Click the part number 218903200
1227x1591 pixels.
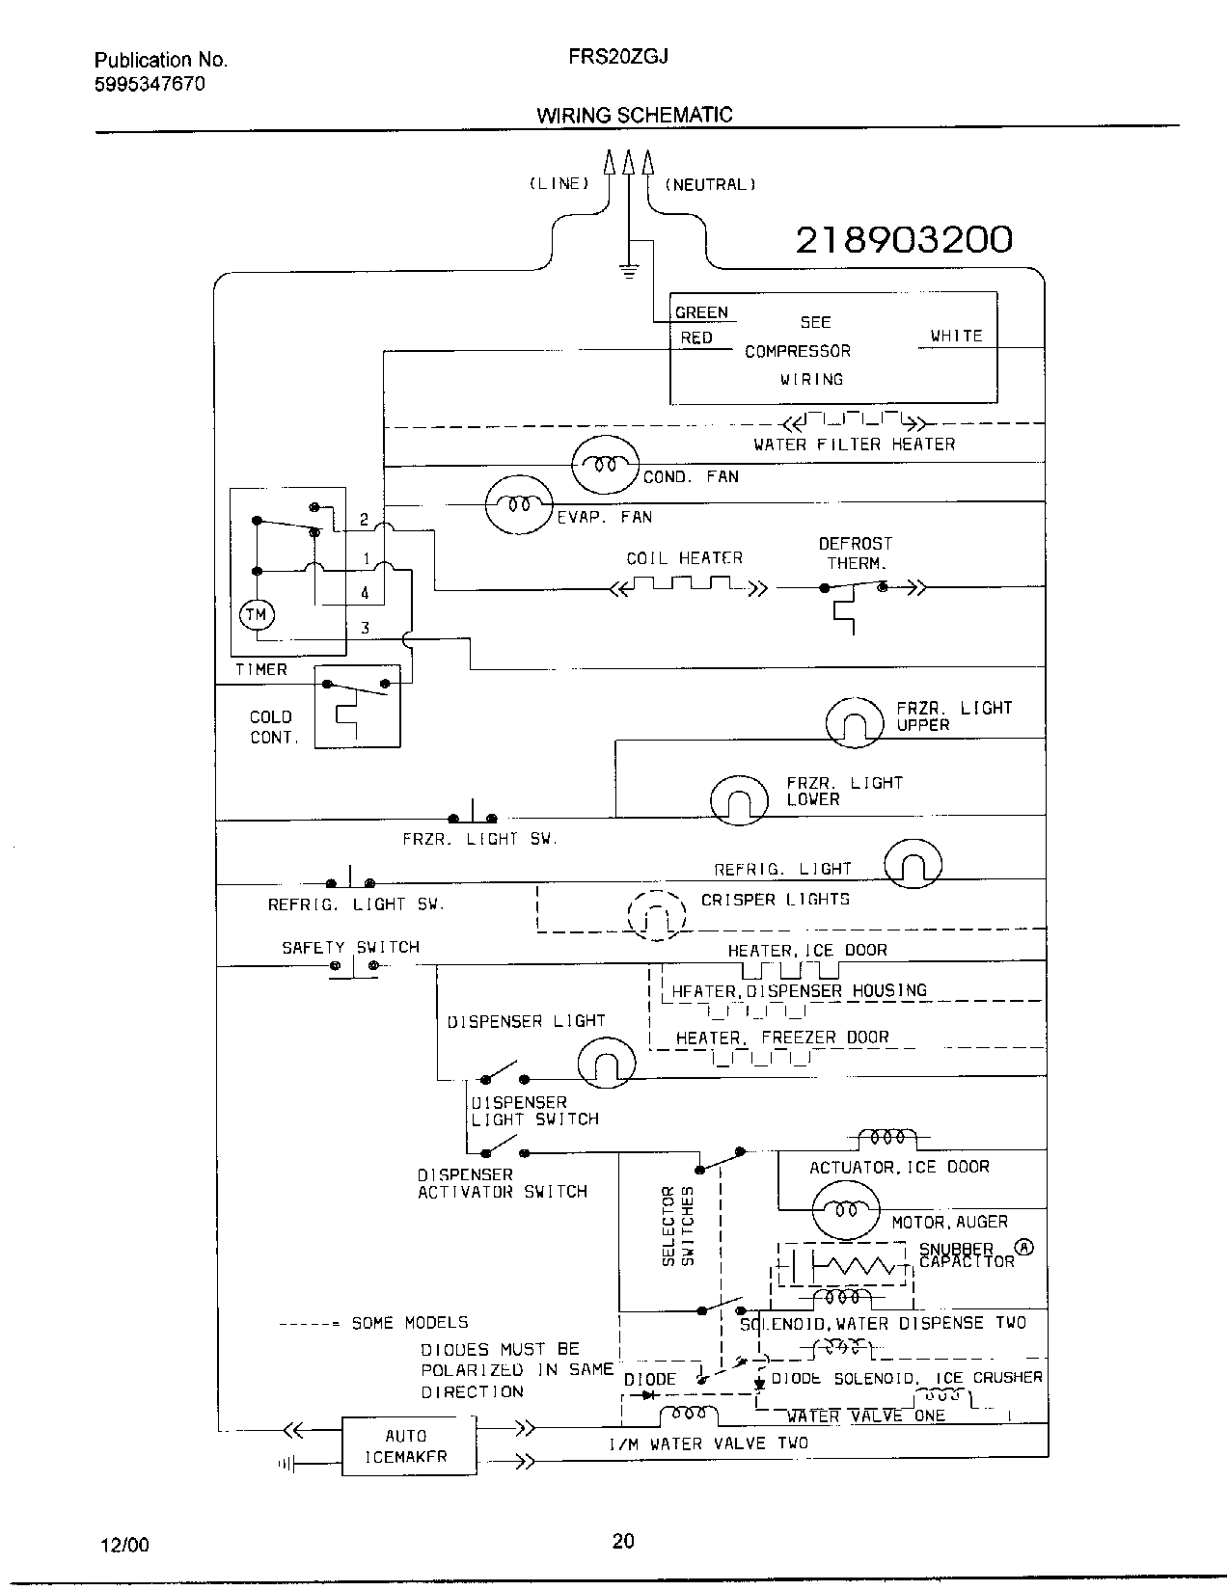[x=904, y=239]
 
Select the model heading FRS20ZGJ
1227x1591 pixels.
[x=605, y=57]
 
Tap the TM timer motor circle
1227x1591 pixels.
[x=257, y=615]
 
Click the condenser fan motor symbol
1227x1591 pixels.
[x=605, y=464]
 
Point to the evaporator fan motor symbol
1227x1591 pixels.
[x=518, y=504]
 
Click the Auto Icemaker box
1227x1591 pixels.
[x=409, y=1445]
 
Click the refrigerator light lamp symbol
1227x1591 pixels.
[x=913, y=863]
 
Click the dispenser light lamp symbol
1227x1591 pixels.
[x=607, y=1064]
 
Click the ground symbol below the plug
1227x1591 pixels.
[x=629, y=270]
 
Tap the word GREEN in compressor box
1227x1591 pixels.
[x=701, y=312]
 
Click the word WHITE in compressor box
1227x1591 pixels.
[x=956, y=336]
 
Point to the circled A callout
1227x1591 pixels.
[x=1025, y=1247]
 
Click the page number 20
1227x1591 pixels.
[x=623, y=1541]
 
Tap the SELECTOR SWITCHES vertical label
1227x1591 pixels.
[x=678, y=1227]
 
